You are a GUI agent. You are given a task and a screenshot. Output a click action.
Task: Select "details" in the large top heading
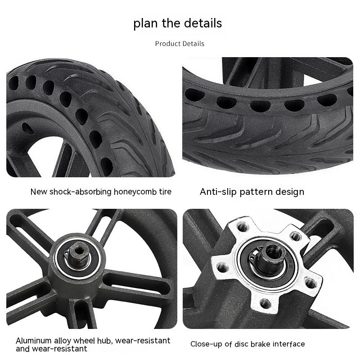click(203, 23)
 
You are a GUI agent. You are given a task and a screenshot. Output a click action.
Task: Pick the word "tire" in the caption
click(165, 192)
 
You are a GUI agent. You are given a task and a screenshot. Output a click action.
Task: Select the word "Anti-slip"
click(218, 192)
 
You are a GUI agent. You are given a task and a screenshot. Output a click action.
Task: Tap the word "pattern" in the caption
click(256, 192)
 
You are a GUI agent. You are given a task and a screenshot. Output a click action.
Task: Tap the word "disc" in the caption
click(241, 344)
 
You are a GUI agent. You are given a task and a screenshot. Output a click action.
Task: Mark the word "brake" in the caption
click(260, 344)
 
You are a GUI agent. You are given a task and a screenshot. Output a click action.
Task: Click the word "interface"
click(288, 344)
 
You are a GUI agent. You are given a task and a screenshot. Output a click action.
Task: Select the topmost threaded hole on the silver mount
click(243, 228)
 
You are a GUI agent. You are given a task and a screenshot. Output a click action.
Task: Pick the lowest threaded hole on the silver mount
click(265, 303)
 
